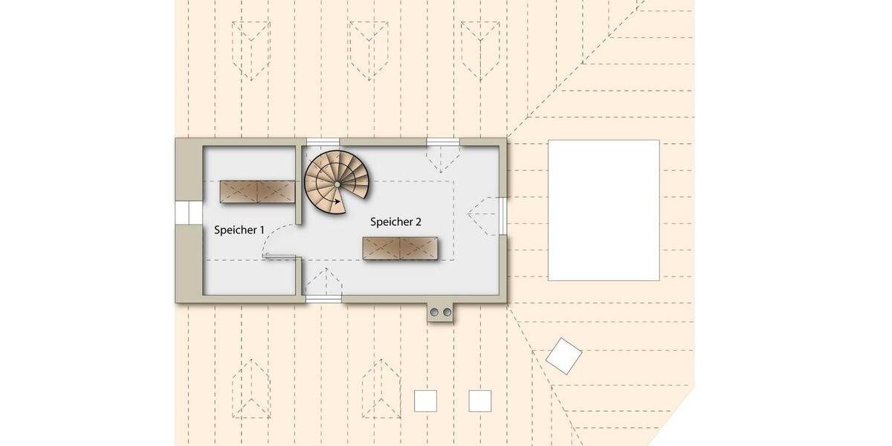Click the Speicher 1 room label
[x=239, y=230]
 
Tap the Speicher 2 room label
[x=396, y=222]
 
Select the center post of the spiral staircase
[x=337, y=183]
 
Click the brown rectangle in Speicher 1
[x=257, y=192]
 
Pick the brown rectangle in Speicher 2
[x=400, y=248]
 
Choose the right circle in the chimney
[x=447, y=312]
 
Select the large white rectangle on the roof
[x=604, y=210]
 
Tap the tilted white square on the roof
[x=563, y=356]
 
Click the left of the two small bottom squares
[x=425, y=401]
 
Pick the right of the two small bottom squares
[x=480, y=401]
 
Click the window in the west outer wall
[x=183, y=213]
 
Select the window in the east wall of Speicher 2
[x=503, y=216]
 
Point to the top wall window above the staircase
[x=323, y=142]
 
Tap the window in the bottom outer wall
[x=323, y=299]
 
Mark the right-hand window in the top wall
[x=443, y=142]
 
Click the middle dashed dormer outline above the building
[x=369, y=49]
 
